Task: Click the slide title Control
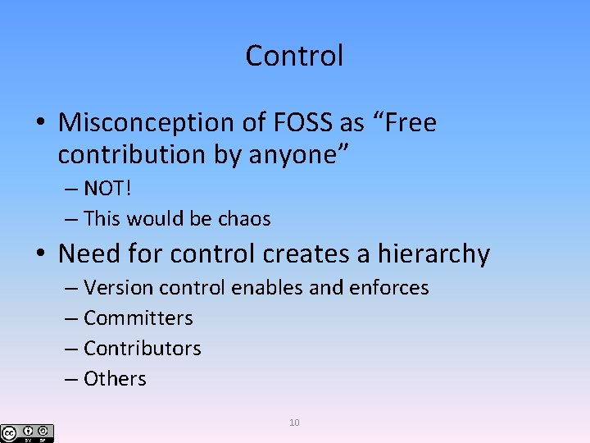(x=294, y=56)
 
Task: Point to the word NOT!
(x=107, y=189)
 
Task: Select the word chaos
(x=244, y=219)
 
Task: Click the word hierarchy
(x=433, y=254)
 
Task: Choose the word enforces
(x=388, y=288)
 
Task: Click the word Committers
(x=138, y=318)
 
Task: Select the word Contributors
(x=142, y=349)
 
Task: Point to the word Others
(x=115, y=379)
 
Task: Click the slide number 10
(x=294, y=422)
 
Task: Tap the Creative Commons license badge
(x=27, y=432)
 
